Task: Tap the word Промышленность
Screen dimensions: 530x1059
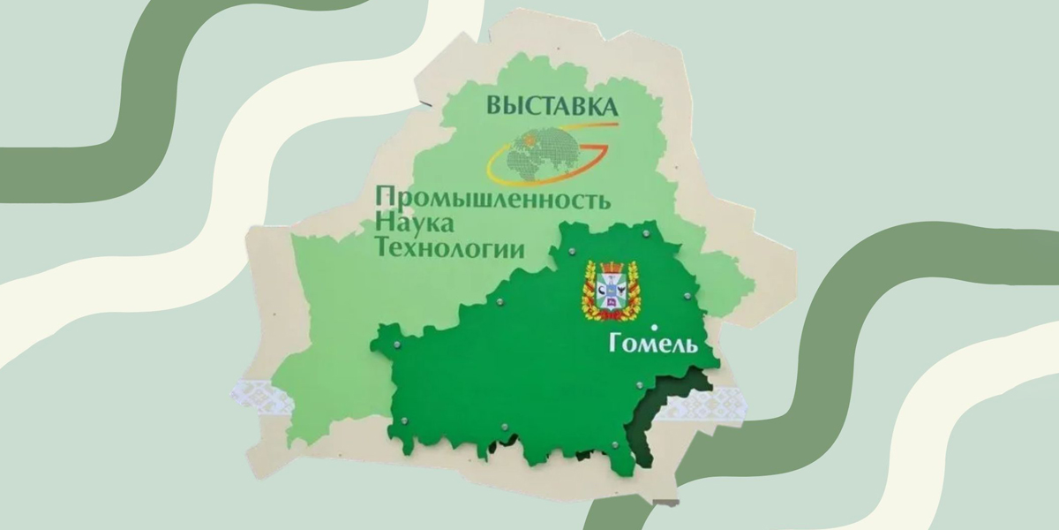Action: [492, 198]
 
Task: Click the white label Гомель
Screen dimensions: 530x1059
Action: [653, 344]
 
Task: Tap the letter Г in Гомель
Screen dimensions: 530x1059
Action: [614, 344]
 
